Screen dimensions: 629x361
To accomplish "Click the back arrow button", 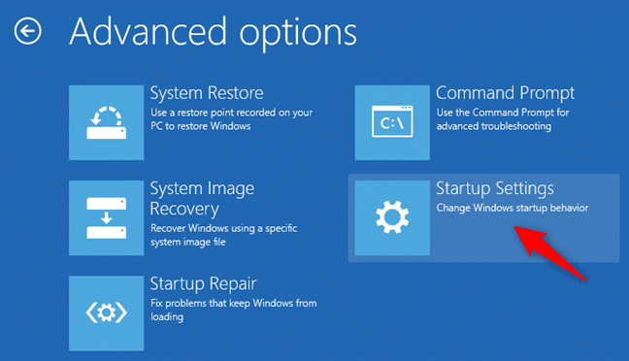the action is (x=28, y=31).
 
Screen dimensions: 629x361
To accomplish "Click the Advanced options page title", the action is (x=213, y=33).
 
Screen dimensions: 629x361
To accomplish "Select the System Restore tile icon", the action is (x=107, y=122).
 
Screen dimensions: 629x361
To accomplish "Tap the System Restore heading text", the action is (x=207, y=93).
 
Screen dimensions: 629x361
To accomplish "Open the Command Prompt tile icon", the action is (x=392, y=122).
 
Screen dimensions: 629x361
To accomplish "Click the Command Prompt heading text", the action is (x=506, y=93).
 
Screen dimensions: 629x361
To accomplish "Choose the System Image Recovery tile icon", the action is (x=107, y=217).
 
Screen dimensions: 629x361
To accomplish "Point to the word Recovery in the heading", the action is (x=184, y=209).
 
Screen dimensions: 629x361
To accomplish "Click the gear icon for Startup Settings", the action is (x=392, y=217).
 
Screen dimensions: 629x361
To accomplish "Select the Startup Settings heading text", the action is (x=495, y=188).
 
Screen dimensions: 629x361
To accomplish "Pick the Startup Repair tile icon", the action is (x=107, y=313).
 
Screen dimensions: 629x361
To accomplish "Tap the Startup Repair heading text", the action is (x=203, y=284).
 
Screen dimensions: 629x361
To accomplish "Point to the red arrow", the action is (x=550, y=253).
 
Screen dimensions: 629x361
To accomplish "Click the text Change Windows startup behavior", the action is (x=513, y=208).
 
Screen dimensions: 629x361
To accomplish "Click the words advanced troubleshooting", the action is (x=494, y=126).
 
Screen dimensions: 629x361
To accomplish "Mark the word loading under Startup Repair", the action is (x=167, y=317).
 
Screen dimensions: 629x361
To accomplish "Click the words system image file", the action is (x=188, y=242).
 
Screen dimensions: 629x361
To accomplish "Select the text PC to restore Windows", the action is (x=201, y=126).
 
